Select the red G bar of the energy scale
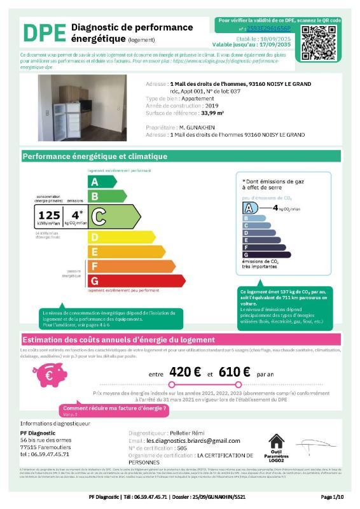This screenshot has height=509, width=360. pos(127,280)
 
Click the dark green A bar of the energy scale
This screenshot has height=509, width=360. pos(102,181)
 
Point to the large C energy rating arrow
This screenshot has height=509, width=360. pos(114,216)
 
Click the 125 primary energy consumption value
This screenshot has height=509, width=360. pos(49,215)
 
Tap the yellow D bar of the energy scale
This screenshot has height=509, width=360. pos(114,237)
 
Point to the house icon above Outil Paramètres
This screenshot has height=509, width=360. pos(277,441)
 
